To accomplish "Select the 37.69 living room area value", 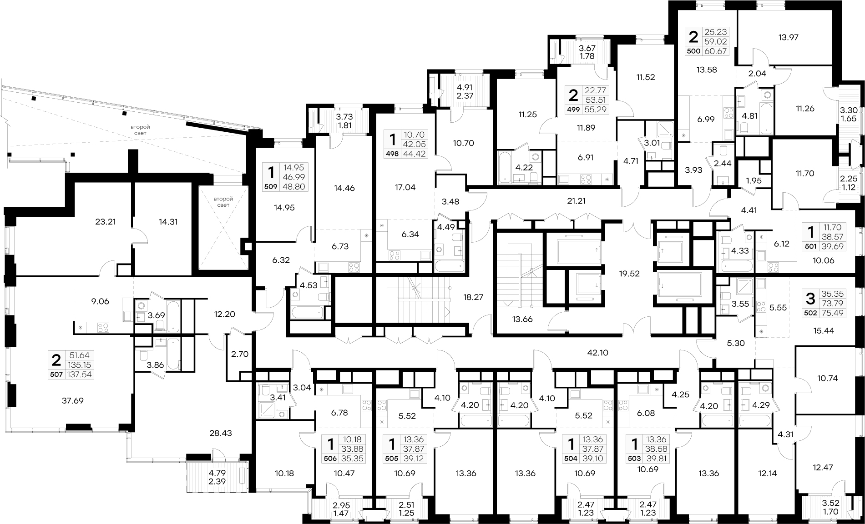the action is coord(72,401).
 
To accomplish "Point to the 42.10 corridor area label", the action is coord(597,353).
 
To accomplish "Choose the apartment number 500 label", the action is coord(693,51).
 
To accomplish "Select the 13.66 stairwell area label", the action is coord(522,319).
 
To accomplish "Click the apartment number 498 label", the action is coord(392,154).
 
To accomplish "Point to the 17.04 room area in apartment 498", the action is coord(405,187).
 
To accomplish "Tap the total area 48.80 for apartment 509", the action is coord(294,186).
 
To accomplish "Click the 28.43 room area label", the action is coord(221,433).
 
